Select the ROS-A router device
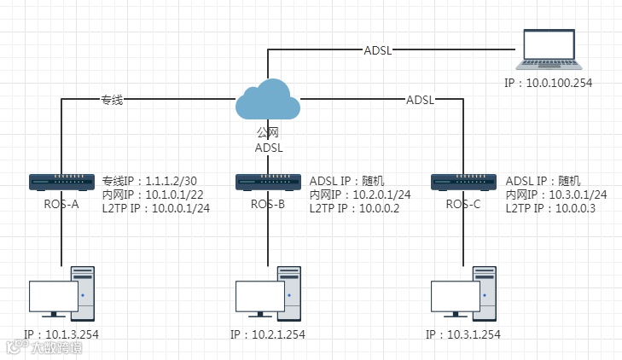tap(61, 182)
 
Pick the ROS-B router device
tap(268, 182)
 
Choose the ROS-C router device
tap(463, 182)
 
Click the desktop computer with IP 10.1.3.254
tap(61, 294)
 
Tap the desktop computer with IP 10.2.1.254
tap(268, 294)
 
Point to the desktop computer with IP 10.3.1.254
tap(463, 294)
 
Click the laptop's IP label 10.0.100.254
tap(548, 84)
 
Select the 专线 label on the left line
tap(113, 100)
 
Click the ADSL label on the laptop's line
tap(378, 50)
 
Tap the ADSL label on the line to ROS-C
tap(420, 100)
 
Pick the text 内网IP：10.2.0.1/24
tap(359, 195)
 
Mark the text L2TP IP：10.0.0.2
tap(354, 208)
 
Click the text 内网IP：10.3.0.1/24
tap(555, 195)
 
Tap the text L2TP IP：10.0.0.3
tap(550, 208)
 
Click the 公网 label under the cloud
tap(268, 133)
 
